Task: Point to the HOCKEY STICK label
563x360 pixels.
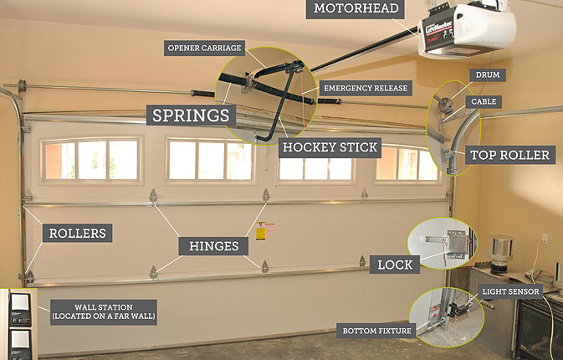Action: coord(330,148)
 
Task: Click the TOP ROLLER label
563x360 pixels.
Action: coord(509,155)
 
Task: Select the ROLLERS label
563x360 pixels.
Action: coord(77,233)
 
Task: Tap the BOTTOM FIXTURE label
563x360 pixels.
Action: coord(377,331)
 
